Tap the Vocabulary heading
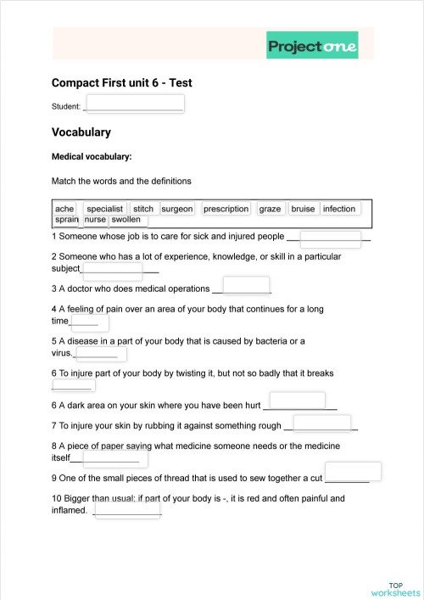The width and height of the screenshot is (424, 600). click(x=81, y=132)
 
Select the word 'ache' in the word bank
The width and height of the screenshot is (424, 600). click(x=64, y=209)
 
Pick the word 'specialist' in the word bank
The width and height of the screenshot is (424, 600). click(x=105, y=209)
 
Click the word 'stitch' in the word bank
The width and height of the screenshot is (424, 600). click(x=143, y=209)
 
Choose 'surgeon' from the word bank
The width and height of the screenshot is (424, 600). click(x=177, y=209)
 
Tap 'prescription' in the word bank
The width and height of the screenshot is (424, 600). click(x=226, y=209)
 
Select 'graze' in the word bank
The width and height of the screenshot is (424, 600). click(x=271, y=209)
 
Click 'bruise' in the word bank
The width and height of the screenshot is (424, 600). click(x=303, y=209)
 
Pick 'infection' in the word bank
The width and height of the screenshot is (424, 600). click(x=339, y=209)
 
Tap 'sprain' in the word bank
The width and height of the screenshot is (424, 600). click(x=66, y=220)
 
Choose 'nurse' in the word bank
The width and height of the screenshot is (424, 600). click(x=95, y=220)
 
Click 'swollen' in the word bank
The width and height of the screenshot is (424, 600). click(x=126, y=220)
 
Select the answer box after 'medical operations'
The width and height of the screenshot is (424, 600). click(x=246, y=286)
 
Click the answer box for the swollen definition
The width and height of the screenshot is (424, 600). click(x=126, y=509)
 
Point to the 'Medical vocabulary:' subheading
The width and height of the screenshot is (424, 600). click(x=92, y=157)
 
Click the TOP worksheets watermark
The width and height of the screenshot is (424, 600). click(x=395, y=589)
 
